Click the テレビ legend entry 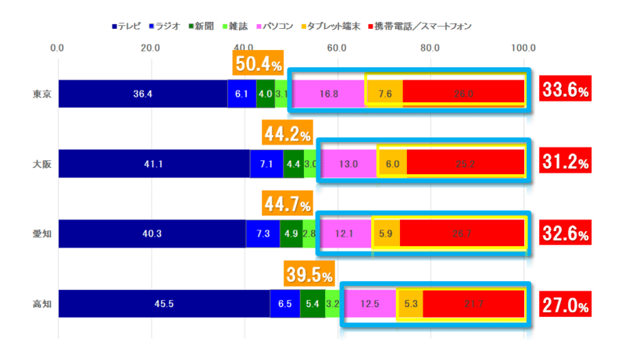126,27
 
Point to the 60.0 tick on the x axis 337,48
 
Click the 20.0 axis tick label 151,48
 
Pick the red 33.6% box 565,91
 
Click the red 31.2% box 565,162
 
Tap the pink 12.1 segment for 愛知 345,233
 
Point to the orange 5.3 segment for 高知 410,304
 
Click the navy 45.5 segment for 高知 164,304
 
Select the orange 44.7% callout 287,205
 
